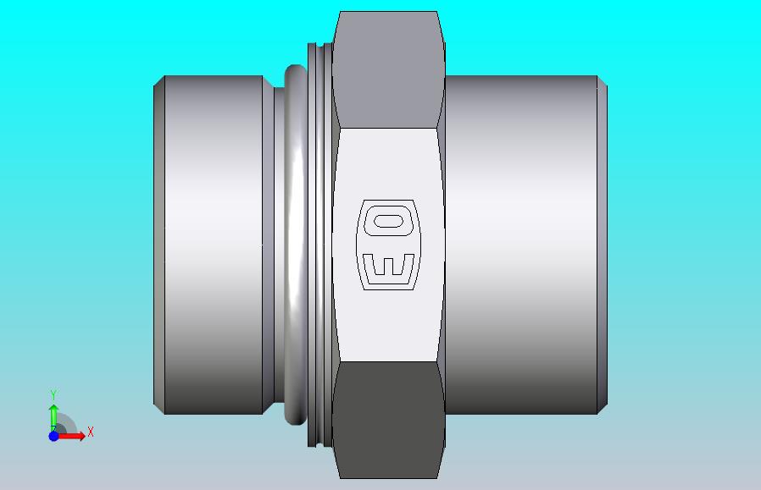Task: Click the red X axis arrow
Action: [x=70, y=436]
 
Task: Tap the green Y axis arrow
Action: [x=54, y=418]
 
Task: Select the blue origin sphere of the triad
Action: [x=54, y=436]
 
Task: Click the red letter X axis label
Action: [x=91, y=432]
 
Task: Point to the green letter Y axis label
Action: [x=54, y=395]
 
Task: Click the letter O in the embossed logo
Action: [x=388, y=221]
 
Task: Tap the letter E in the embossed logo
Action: [x=388, y=268]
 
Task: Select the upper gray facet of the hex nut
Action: [x=388, y=69]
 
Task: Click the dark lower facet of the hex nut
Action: [x=388, y=420]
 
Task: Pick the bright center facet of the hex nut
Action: [x=388, y=245]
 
